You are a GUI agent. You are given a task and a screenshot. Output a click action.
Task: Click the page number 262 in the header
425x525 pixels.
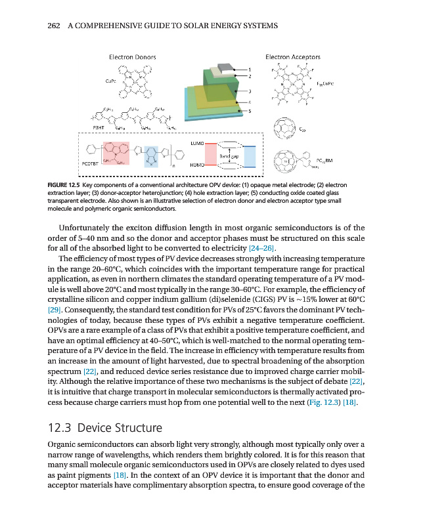tap(55, 26)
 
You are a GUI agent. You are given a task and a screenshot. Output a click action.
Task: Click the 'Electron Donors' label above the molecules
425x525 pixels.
tap(132, 57)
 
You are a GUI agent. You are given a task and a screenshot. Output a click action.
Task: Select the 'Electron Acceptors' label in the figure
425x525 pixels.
tap(293, 57)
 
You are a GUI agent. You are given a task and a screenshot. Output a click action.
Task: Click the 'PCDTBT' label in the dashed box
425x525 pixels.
tap(90, 162)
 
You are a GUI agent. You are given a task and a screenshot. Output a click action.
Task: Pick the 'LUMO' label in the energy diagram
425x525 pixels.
tap(196, 142)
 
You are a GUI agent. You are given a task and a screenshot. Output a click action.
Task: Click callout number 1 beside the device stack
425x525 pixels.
tap(250, 69)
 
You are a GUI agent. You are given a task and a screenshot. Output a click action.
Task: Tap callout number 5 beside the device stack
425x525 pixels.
tap(250, 111)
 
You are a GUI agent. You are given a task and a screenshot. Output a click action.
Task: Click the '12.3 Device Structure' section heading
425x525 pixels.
tap(105, 429)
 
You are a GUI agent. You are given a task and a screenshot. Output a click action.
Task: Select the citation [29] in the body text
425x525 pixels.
tap(56, 308)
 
